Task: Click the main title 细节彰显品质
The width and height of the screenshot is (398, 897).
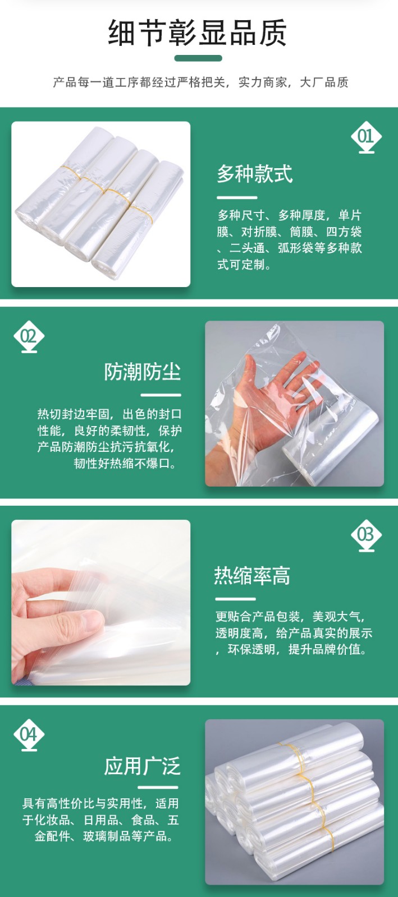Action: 198,33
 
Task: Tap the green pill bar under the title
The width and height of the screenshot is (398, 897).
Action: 198,58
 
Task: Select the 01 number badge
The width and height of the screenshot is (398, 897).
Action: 366,137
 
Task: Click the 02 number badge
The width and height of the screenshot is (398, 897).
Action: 29,337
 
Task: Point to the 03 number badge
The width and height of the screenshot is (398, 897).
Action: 366,535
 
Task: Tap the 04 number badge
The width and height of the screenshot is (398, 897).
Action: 29,735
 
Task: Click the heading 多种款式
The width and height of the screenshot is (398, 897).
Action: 255,174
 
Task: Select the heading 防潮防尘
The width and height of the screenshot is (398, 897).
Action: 143,372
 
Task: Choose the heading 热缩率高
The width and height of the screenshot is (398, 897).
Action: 252,576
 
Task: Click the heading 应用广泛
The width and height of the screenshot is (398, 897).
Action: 143,767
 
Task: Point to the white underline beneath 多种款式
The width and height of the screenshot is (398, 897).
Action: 237,197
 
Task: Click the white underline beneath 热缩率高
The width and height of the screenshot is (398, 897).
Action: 235,599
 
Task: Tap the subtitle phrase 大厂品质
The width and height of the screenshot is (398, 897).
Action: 324,82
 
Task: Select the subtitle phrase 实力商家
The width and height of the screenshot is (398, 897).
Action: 263,82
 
